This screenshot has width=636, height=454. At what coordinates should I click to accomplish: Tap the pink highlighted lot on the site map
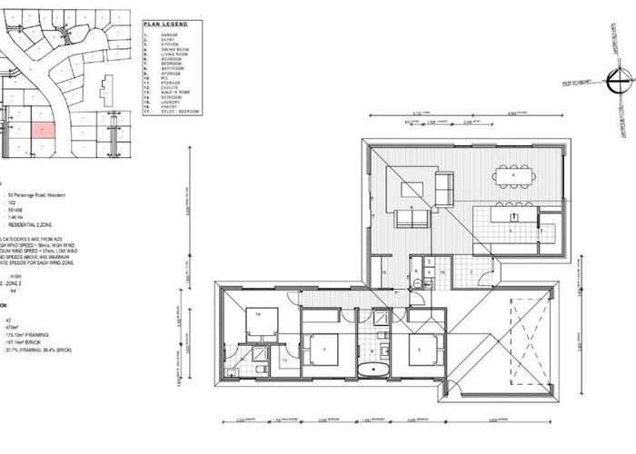pos(44,130)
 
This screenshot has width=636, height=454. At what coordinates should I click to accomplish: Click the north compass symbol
pos(619,84)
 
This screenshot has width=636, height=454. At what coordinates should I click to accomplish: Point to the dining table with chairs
pos(515,174)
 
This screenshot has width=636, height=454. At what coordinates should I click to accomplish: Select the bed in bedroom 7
pos(325,350)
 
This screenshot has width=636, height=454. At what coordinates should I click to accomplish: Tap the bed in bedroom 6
pos(427,350)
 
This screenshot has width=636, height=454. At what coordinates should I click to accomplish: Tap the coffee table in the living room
pos(412,192)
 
